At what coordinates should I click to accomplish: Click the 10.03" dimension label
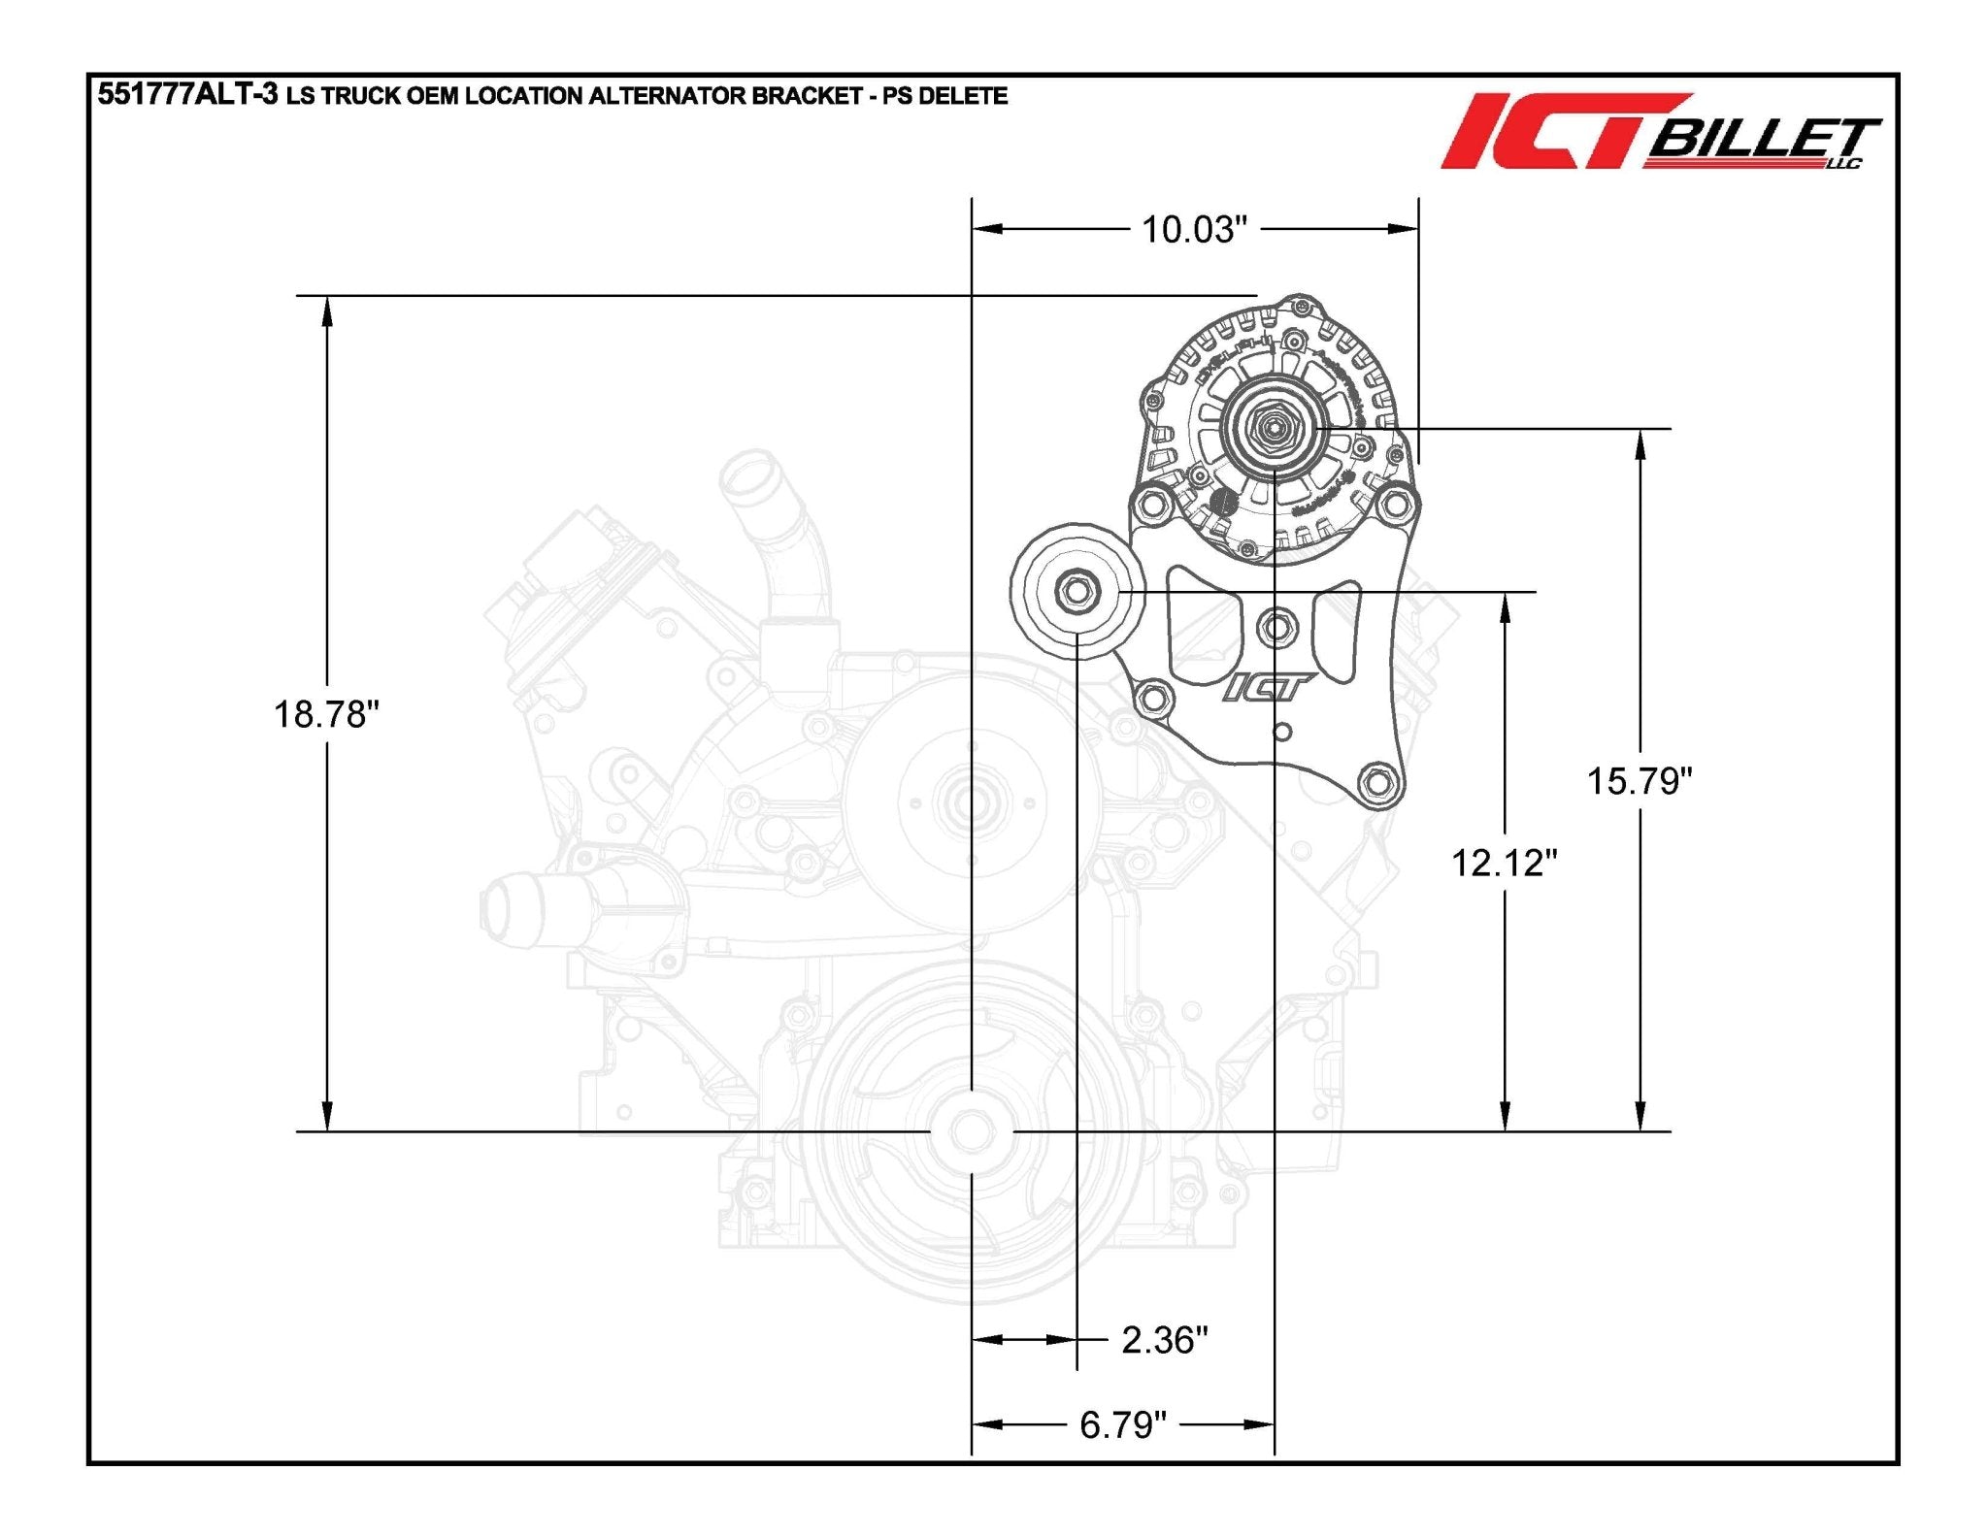pyautogui.click(x=1193, y=230)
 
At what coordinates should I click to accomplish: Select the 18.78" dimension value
pyautogui.click(x=325, y=714)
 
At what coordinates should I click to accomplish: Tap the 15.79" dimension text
pyautogui.click(x=1640, y=780)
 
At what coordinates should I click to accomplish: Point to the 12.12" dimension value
pyautogui.click(x=1504, y=862)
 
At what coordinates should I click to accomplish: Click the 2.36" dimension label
pyautogui.click(x=1164, y=1340)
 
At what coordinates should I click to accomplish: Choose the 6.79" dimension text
pyautogui.click(x=1122, y=1424)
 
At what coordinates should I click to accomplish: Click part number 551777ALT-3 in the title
pyautogui.click(x=187, y=95)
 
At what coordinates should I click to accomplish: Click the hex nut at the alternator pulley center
pyautogui.click(x=1272, y=426)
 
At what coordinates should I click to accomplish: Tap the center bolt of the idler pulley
pyautogui.click(x=1077, y=591)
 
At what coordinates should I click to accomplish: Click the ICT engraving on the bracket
pyautogui.click(x=1267, y=688)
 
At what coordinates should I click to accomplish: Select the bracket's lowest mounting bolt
pyautogui.click(x=1376, y=781)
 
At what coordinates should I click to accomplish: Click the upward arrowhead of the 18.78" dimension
pyautogui.click(x=327, y=309)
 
